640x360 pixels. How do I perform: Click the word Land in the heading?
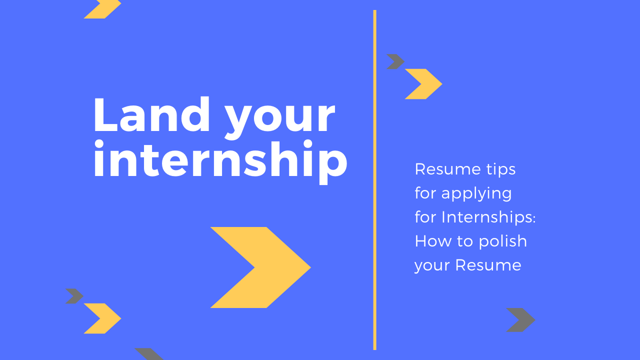pos(151,114)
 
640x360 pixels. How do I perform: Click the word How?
pos(433,241)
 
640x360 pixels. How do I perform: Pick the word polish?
pos(503,241)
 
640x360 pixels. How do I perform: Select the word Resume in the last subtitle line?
pos(488,265)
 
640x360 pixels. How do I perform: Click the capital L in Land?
pos(105,114)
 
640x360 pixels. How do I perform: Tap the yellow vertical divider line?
pos(375,180)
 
